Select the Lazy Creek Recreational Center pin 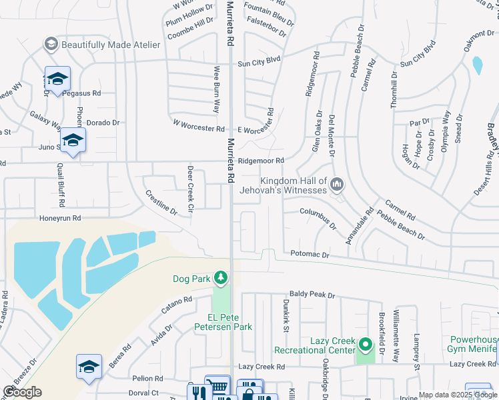(365, 345)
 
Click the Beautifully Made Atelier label (111, 45)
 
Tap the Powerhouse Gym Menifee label (470, 343)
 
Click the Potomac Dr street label (310, 255)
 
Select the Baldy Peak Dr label (311, 294)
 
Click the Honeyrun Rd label (59, 218)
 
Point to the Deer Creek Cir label (190, 189)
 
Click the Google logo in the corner (22, 392)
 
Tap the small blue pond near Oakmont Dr (477, 65)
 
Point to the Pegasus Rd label (81, 93)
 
